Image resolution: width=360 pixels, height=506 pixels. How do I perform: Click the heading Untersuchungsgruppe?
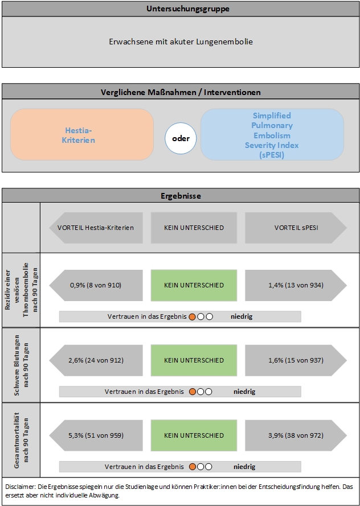tap(188, 9)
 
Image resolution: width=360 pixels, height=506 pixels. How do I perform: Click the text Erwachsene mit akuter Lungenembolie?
tap(181, 42)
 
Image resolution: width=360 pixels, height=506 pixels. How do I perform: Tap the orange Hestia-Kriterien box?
tap(82, 134)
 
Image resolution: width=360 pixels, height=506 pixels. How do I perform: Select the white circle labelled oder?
tap(181, 138)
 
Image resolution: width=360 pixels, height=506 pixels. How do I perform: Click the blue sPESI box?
tap(272, 134)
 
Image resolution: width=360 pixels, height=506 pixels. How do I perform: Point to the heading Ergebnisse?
tap(181, 196)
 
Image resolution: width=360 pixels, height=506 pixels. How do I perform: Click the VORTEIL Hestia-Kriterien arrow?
tap(96, 228)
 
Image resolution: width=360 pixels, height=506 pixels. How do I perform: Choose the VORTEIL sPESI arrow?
tap(296, 228)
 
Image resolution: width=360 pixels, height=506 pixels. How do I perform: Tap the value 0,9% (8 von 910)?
tap(96, 285)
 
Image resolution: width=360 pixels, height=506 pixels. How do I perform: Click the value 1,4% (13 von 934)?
tap(296, 285)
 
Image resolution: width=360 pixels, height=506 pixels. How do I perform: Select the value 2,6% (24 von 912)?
tap(96, 360)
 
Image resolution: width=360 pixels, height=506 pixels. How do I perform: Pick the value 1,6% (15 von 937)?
tap(296, 360)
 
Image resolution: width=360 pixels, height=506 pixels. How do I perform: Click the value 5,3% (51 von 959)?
tap(96, 435)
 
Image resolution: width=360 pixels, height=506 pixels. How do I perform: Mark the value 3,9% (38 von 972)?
tap(296, 435)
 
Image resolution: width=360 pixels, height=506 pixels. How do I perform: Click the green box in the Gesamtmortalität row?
tap(194, 435)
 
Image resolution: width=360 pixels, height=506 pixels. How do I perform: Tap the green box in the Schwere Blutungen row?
tap(194, 360)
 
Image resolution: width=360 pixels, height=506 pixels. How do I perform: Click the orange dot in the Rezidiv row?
tap(192, 317)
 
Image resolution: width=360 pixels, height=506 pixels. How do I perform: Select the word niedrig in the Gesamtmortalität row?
tap(244, 467)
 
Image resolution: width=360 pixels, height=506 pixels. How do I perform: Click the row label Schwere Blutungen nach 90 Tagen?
tap(21, 365)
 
